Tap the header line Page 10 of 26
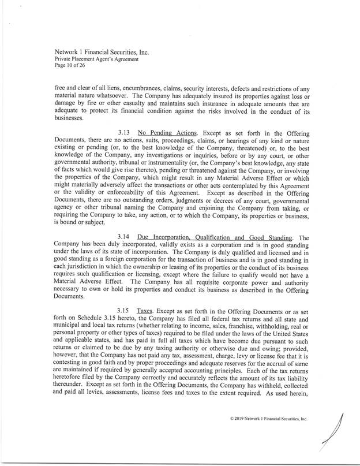[x=68, y=65]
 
